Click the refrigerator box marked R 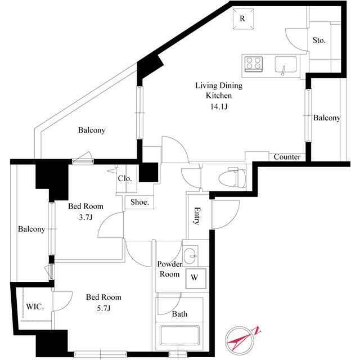coord(243,19)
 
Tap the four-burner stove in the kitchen coord(254,64)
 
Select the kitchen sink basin coord(286,65)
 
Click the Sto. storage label coord(319,40)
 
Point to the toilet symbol coord(232,178)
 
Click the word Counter coord(287,157)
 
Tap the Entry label coord(197,216)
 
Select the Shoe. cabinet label coord(139,202)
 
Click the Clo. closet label coord(125,178)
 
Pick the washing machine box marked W coord(196,278)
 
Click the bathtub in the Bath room coord(180,335)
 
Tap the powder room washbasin coord(190,255)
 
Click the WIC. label coord(35,307)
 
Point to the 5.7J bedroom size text coord(103,308)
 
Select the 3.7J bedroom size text coord(85,217)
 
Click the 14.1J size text coord(219,106)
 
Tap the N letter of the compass coord(256,330)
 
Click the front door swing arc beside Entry coord(231,221)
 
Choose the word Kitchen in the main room coord(219,96)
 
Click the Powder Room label coord(170,269)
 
